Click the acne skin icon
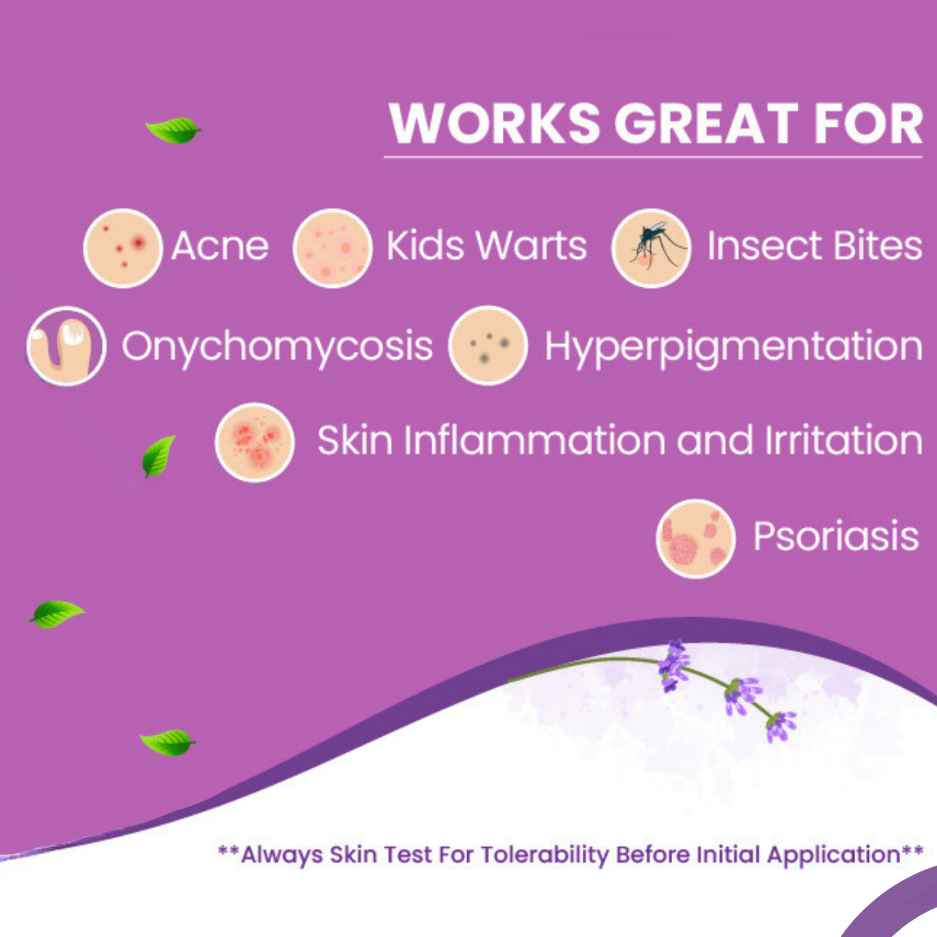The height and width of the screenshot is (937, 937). pos(123,248)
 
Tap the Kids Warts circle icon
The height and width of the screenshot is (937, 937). pos(333,248)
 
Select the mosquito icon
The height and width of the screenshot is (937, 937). pos(652,248)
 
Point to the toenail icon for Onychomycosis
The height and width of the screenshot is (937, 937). pos(66,345)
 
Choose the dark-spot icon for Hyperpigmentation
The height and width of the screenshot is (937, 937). pos(488,345)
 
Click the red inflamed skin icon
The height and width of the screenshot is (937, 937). pos(255,442)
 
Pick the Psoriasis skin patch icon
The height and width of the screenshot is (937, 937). pos(696,538)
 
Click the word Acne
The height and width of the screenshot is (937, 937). pos(220,245)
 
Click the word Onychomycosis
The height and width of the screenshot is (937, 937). pos(277,347)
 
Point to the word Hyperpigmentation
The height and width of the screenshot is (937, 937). pos(734,347)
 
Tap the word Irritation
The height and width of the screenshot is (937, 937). pos(844,440)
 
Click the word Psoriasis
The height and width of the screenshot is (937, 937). pos(836,537)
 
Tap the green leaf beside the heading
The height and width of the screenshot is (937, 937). pos(174,130)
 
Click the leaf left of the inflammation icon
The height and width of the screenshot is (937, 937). pos(158,456)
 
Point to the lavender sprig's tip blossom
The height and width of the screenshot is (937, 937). pos(781,726)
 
